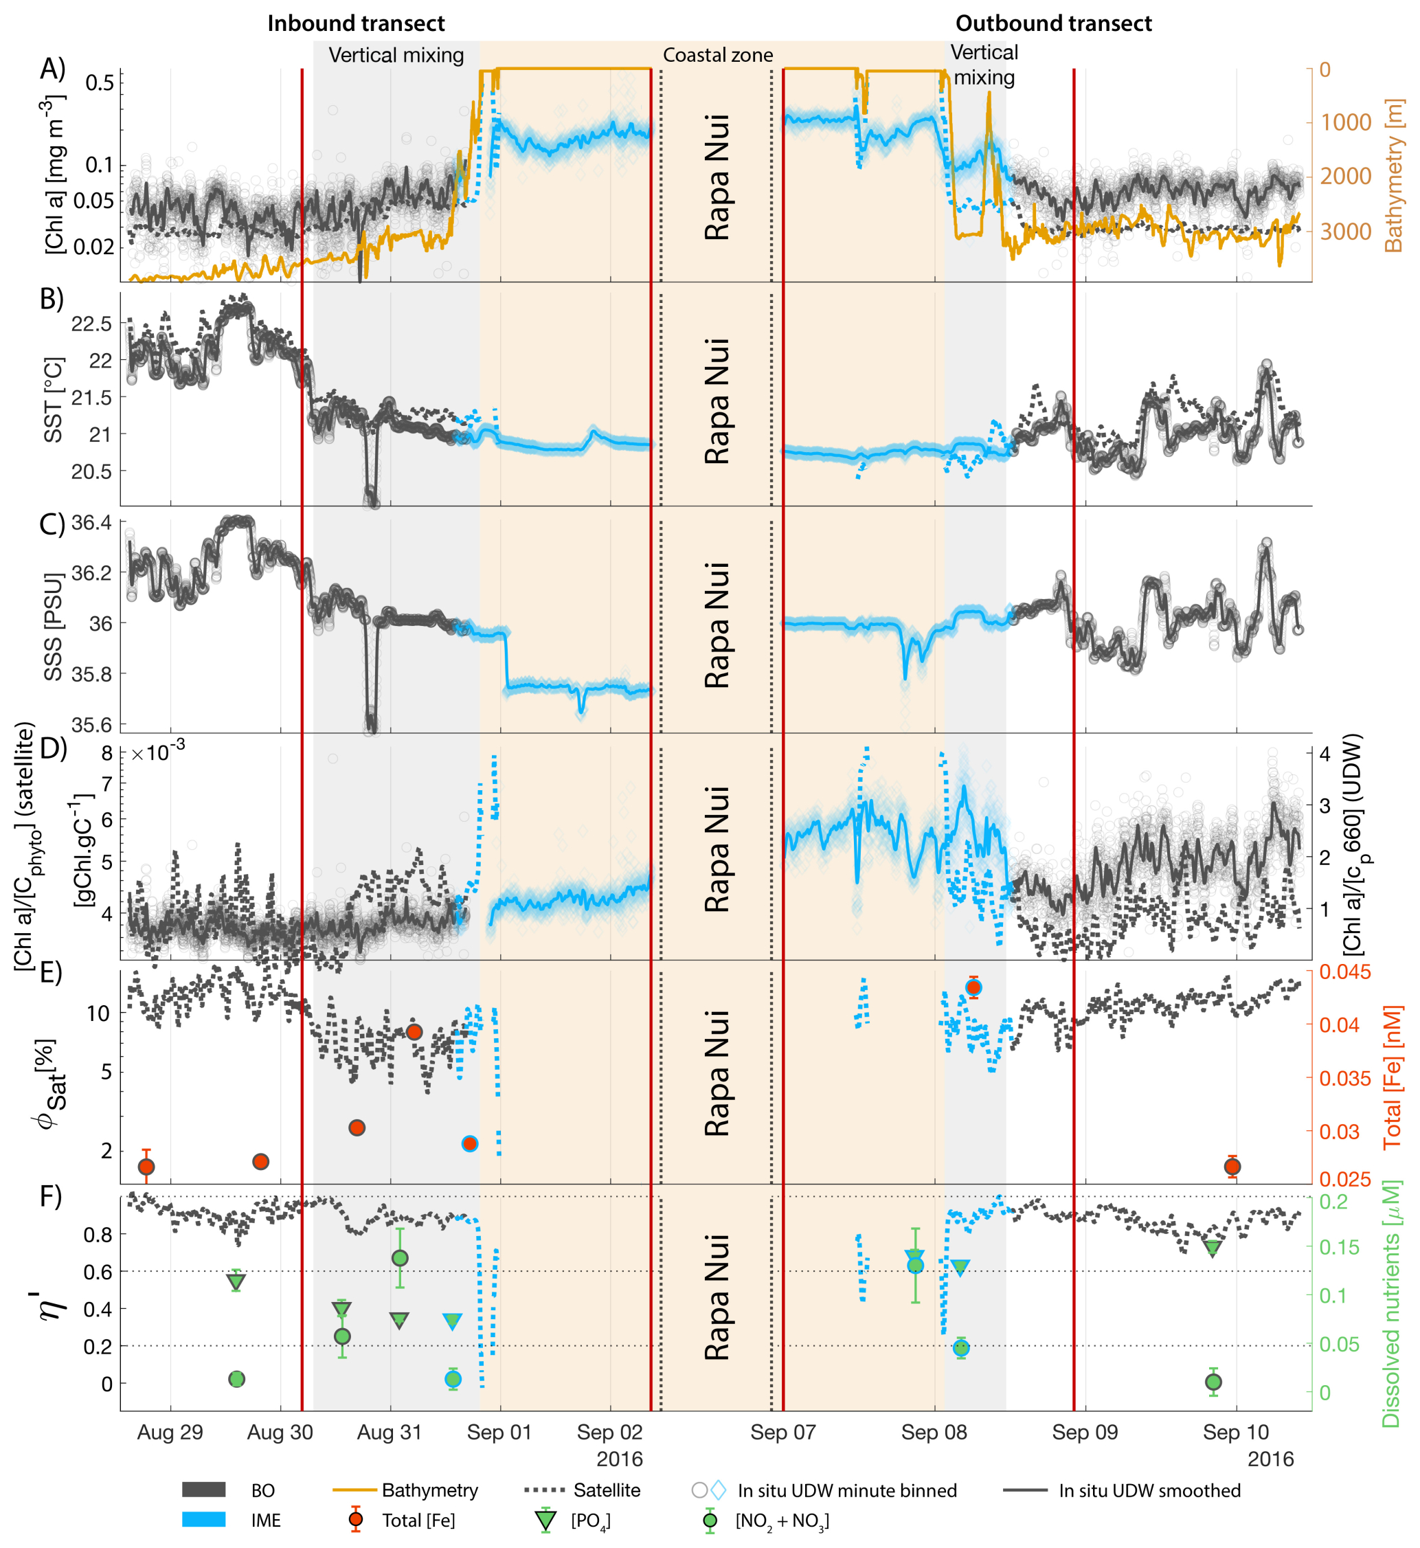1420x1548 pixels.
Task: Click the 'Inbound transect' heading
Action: click(x=356, y=23)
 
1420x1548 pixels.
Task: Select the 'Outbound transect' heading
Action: click(x=1053, y=23)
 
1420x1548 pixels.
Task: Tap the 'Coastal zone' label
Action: click(x=718, y=56)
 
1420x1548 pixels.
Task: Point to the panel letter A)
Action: click(x=53, y=69)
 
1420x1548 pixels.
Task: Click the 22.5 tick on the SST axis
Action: click(x=92, y=324)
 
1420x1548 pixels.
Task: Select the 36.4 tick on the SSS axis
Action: click(x=92, y=524)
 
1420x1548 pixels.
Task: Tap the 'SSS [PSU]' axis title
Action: click(x=52, y=627)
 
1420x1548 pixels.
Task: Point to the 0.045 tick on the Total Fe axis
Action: click(x=1344, y=972)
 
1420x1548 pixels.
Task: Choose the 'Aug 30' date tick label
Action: click(x=280, y=1432)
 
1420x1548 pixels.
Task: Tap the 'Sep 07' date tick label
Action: click(x=783, y=1432)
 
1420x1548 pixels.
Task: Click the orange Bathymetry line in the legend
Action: click(x=354, y=1490)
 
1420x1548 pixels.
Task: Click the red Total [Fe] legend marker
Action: click(x=355, y=1520)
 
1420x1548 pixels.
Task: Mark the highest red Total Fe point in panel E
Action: click(x=973, y=987)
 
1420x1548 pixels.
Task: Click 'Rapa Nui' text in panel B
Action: click(x=717, y=401)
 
